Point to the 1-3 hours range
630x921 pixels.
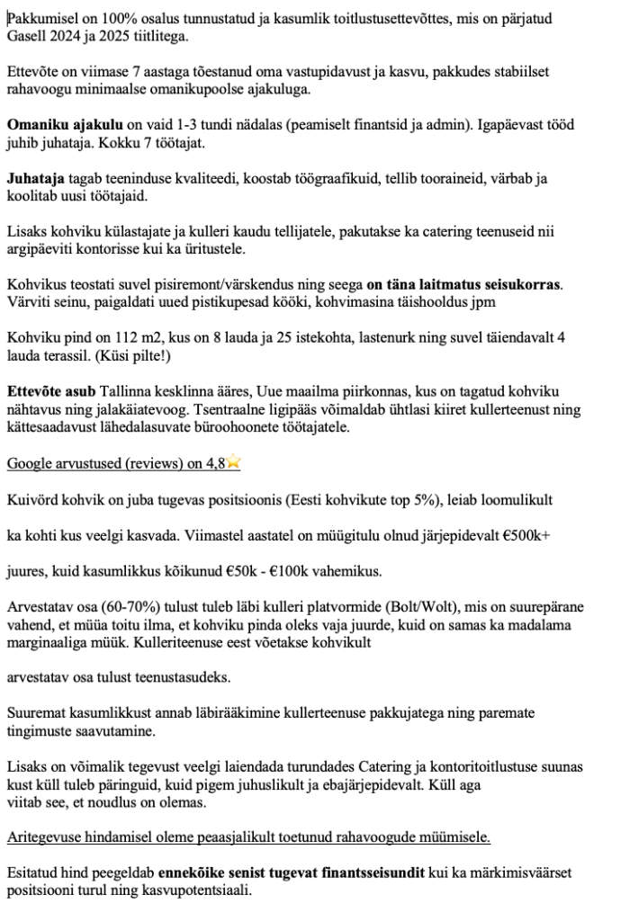[177, 125]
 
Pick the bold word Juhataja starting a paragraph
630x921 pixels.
[37, 178]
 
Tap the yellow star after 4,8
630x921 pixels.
[235, 462]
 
